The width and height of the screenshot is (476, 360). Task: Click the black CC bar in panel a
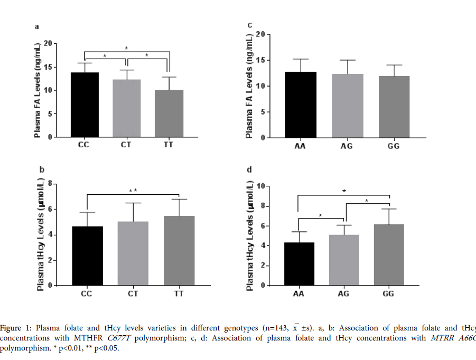click(x=85, y=105)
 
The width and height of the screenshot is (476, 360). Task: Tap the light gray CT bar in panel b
click(x=133, y=253)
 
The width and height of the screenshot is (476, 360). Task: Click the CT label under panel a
click(x=127, y=145)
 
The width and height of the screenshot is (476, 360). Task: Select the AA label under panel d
click(x=298, y=293)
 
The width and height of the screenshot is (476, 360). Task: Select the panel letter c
click(x=249, y=25)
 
